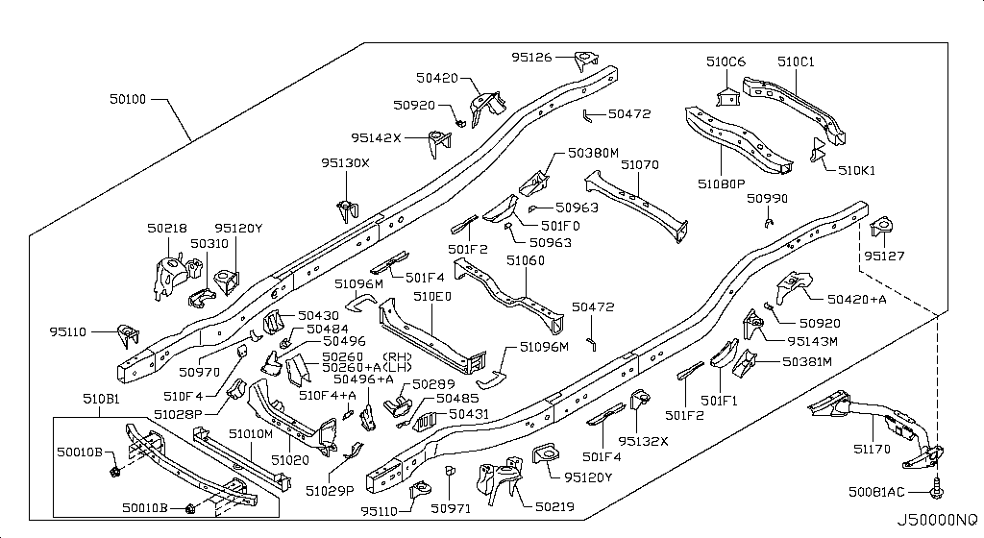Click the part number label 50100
[x=128, y=98]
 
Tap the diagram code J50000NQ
[x=936, y=521]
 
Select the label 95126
[x=531, y=57]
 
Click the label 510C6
[x=726, y=61]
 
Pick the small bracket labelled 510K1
[x=817, y=151]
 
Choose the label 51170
[x=872, y=449]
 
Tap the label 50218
[x=167, y=229]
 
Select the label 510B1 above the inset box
[x=101, y=399]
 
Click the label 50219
[x=554, y=506]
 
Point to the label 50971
[x=451, y=508]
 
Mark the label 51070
[x=640, y=164]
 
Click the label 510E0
[x=432, y=295]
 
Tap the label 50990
[x=767, y=198]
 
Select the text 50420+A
[x=856, y=299]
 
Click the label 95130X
[x=345, y=162]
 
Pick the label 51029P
[x=331, y=490]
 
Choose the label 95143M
[x=813, y=341]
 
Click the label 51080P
[x=722, y=183]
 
